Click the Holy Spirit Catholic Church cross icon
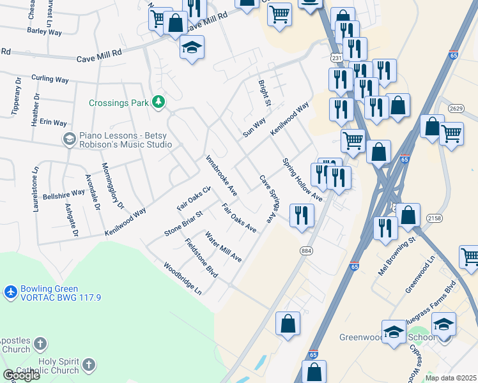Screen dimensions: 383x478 point(89,366)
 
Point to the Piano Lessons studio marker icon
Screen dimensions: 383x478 point(69,139)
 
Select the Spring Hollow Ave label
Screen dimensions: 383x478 point(302,179)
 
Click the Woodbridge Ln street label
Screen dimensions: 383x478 point(182,278)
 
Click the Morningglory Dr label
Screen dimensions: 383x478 point(112,186)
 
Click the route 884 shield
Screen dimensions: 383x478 point(306,251)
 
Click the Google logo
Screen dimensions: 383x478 point(21,375)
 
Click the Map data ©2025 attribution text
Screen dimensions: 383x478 point(451,378)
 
